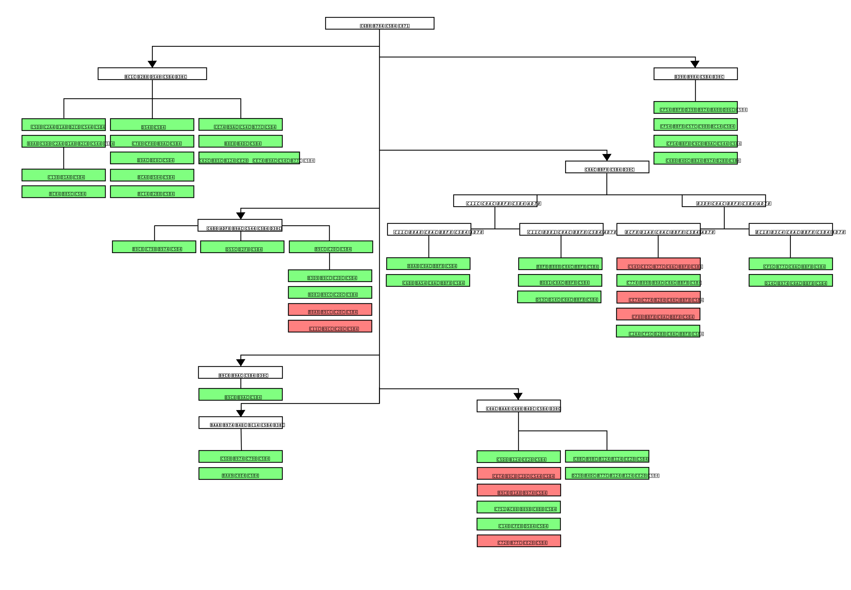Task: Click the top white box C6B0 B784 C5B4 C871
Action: tap(380, 23)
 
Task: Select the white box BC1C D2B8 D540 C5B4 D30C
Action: tap(152, 74)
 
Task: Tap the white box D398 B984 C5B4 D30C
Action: tap(695, 74)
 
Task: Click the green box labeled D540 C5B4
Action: tap(152, 125)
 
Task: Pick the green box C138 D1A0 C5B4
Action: tap(63, 175)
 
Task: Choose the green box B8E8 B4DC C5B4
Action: tap(240, 141)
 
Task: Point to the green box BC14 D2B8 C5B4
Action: tap(152, 192)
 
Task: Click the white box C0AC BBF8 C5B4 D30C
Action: tap(607, 167)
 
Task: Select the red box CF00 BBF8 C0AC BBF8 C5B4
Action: tap(658, 314)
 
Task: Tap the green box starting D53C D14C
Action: tap(559, 297)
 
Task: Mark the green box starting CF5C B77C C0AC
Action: tap(790, 264)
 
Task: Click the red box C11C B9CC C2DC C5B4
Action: tap(330, 326)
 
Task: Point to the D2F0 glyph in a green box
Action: tap(244, 249)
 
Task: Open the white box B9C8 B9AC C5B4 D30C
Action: tap(240, 372)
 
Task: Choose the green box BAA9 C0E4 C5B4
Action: tap(240, 474)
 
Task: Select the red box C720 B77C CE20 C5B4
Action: tap(519, 541)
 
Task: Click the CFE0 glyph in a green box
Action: tap(517, 526)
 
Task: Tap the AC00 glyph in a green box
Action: tap(513, 510)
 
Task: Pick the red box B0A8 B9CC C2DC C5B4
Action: tap(330, 309)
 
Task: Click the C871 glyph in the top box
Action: tap(404, 26)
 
